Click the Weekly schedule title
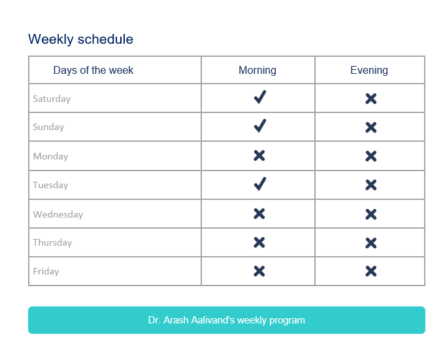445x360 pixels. [80, 39]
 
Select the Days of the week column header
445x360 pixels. [93, 71]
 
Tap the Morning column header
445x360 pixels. [257, 71]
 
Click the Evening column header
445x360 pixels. [369, 71]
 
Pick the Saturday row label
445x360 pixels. [52, 99]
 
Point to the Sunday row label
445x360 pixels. [48, 127]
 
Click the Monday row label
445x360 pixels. [50, 157]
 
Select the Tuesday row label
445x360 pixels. [50, 186]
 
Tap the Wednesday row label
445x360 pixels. [58, 214]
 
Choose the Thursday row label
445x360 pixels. [52, 243]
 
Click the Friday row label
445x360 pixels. [46, 272]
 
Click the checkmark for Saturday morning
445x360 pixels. [259, 98]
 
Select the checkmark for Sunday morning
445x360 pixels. [259, 126]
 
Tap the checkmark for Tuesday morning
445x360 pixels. [259, 184]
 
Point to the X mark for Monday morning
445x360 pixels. [259, 155]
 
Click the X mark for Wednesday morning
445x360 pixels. [259, 214]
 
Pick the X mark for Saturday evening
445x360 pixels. [371, 99]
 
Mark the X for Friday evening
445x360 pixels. [371, 271]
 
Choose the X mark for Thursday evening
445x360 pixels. [371, 242]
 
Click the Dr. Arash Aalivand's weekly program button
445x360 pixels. [226, 320]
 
